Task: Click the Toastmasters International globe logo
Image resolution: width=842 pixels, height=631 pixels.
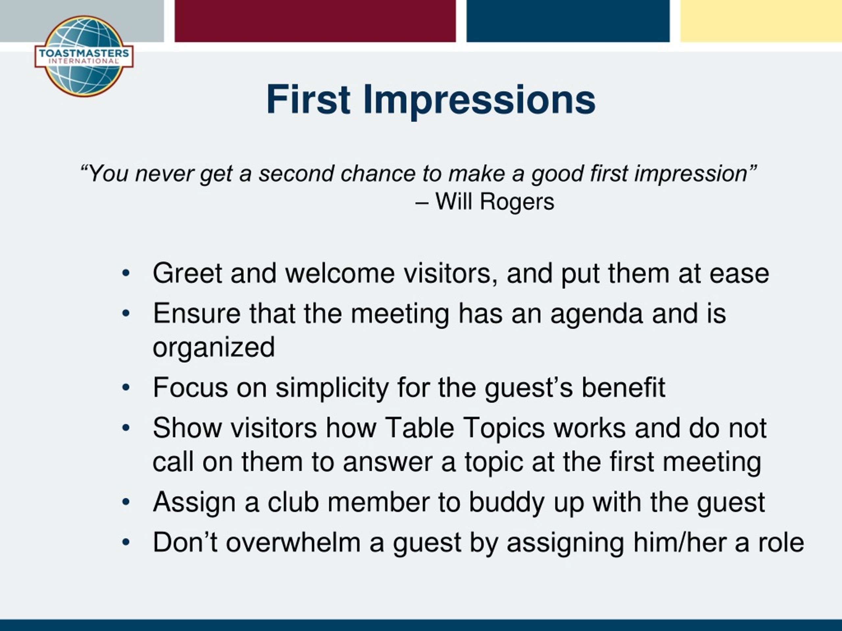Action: click(84, 56)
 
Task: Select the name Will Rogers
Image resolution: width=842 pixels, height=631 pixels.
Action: click(495, 201)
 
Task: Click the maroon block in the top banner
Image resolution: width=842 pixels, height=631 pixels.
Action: click(315, 21)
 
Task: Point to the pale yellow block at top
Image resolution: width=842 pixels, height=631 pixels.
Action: click(761, 21)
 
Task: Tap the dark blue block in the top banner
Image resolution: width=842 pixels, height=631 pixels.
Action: click(568, 21)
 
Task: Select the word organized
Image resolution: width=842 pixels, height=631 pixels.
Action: click(213, 347)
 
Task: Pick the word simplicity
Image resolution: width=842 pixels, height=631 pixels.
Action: click(332, 388)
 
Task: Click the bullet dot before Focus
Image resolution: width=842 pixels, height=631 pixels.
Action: click(126, 387)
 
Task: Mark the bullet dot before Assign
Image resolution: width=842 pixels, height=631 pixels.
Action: click(126, 502)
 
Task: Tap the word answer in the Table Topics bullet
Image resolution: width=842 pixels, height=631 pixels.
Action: click(387, 462)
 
